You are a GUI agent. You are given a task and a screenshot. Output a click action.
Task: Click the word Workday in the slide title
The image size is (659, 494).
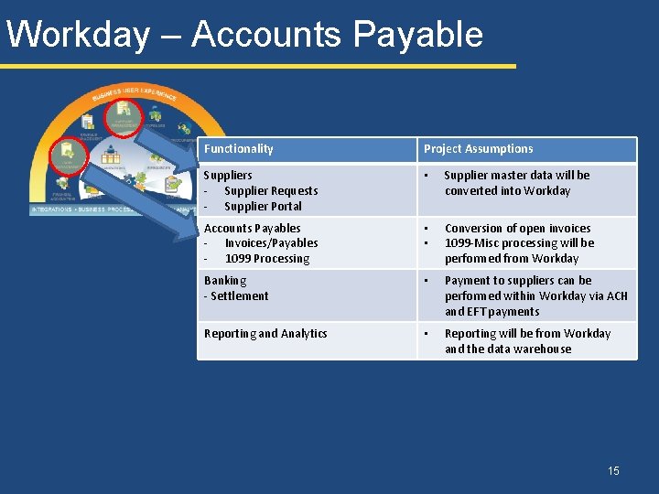(x=77, y=35)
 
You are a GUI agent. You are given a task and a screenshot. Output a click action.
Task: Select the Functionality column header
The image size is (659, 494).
(x=238, y=149)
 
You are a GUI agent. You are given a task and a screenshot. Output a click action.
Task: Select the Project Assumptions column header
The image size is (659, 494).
(x=478, y=149)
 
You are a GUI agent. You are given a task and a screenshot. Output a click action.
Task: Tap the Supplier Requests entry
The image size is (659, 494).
(x=271, y=190)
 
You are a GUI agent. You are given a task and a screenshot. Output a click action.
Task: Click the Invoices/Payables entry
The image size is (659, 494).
(x=271, y=243)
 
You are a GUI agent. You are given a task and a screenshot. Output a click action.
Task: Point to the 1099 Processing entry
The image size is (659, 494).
(x=267, y=259)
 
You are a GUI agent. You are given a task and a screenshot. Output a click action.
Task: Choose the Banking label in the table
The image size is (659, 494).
(x=225, y=281)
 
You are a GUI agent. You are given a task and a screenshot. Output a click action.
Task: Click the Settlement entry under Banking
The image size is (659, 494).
(x=239, y=296)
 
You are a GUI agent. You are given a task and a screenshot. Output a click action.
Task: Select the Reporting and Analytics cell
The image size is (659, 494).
(x=265, y=334)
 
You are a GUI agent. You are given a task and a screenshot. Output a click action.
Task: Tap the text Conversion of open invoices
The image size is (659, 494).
(x=517, y=229)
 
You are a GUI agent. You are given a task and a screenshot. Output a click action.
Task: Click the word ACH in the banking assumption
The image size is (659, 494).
(x=616, y=296)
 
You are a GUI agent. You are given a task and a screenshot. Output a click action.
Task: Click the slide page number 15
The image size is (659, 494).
(x=613, y=471)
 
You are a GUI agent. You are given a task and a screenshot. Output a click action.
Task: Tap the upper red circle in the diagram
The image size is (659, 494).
(x=121, y=115)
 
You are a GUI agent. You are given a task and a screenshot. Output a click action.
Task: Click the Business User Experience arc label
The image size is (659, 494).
(x=132, y=92)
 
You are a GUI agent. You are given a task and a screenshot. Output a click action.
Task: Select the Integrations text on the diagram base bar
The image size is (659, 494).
(x=51, y=209)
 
